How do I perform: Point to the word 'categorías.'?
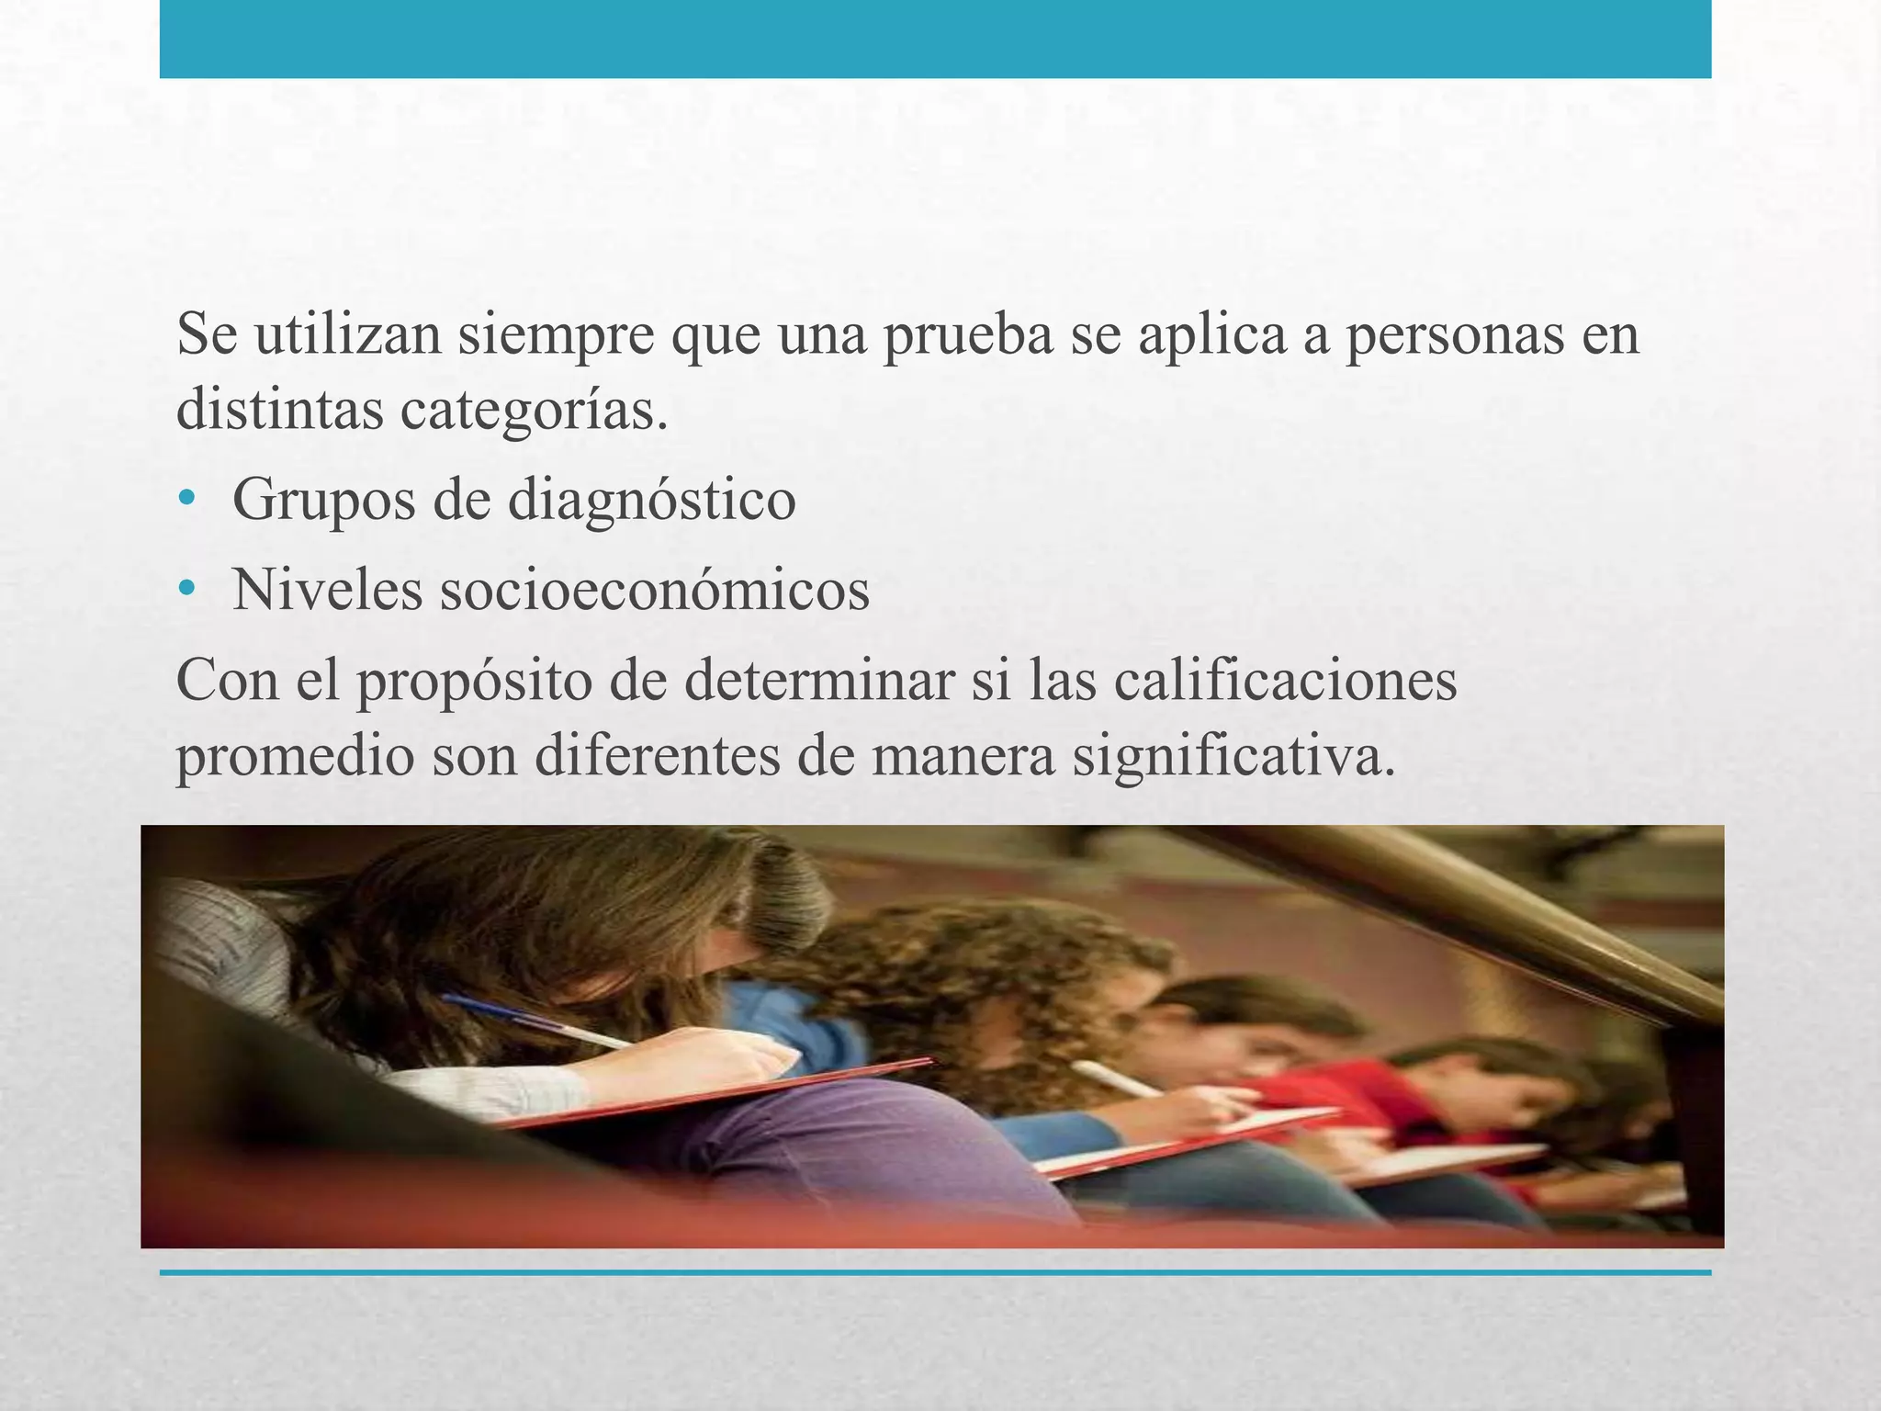coord(534,411)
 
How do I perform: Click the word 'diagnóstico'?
coord(651,501)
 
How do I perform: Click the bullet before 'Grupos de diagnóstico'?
coord(188,499)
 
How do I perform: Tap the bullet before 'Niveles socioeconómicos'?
coord(188,588)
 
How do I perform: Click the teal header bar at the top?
coord(935,39)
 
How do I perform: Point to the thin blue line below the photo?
coord(935,1273)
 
